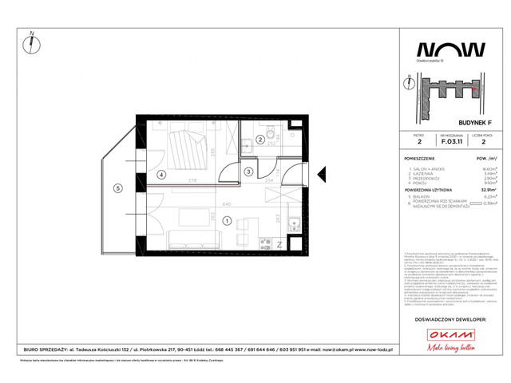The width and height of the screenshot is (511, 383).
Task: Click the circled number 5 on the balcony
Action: point(118,188)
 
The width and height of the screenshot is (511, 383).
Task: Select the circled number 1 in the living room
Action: point(228,221)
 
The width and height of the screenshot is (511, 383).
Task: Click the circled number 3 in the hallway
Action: point(248,172)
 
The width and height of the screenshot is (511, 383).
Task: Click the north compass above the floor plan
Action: point(32,42)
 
